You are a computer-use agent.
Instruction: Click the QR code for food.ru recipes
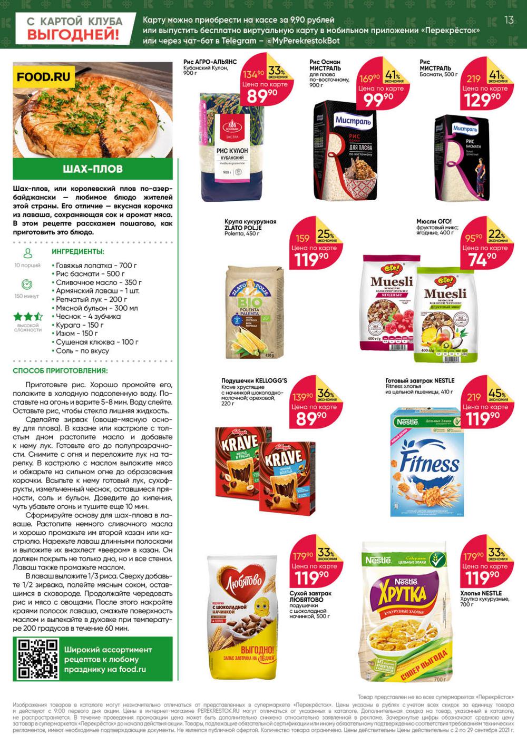(38, 659)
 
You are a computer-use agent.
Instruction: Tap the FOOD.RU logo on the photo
(43, 77)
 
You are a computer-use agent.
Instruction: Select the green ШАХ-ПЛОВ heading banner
(93, 169)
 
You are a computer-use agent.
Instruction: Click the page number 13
(509, 20)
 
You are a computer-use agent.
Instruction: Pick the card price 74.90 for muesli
(482, 259)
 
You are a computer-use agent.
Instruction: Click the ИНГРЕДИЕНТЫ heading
(78, 252)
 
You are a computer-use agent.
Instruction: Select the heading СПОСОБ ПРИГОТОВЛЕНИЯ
(60, 371)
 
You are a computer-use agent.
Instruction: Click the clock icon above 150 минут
(27, 285)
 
